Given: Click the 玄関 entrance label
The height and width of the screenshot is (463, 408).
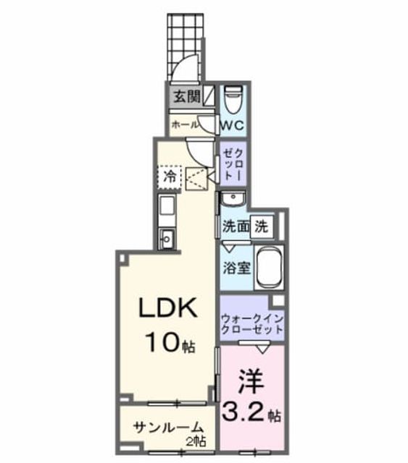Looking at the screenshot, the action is pos(187,96).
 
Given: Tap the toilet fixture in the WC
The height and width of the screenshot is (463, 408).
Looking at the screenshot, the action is pos(233,100).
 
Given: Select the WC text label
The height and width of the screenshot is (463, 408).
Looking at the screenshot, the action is pos(233,126).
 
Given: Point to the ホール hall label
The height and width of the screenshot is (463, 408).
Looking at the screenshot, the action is pos(185,125).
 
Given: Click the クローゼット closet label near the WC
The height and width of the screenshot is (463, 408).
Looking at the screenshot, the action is pos(233,164).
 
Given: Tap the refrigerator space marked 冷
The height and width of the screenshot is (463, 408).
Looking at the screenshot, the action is pos(170,177).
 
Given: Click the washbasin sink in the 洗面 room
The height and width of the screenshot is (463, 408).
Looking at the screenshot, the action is pos(233,200).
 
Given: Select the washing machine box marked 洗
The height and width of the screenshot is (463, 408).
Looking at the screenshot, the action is pos(262,226).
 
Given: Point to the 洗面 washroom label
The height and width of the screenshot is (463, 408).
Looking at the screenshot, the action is pos(236,226).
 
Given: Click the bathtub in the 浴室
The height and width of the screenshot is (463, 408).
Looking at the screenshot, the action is pos(269,268).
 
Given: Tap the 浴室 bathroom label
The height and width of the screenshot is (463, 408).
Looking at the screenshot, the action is pos(237,268).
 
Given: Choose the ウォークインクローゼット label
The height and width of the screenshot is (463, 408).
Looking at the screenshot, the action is pos(252,324).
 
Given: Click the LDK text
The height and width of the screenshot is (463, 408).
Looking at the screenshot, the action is pos(168,307).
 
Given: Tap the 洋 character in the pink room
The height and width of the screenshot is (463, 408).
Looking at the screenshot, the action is pos(251,381).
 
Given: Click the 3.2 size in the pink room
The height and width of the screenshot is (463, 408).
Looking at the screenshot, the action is pos(243,411).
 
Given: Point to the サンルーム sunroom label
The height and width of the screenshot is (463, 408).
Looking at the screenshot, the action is pos(168,428).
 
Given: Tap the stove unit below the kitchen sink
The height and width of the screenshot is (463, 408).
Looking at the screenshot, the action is pos(167,239).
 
